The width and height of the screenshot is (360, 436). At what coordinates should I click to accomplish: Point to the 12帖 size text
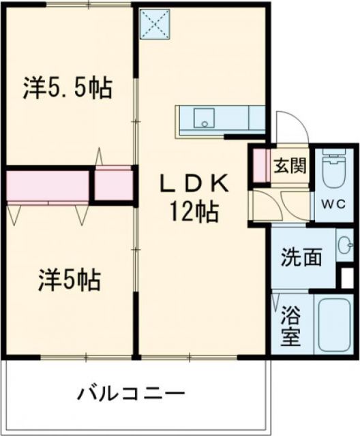[195, 213]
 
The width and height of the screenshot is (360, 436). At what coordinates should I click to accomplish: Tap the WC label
[333, 204]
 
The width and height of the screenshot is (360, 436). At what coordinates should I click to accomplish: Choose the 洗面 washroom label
[303, 257]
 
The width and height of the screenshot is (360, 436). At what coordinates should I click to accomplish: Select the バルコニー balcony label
[130, 394]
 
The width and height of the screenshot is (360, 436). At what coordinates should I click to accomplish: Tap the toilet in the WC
[333, 171]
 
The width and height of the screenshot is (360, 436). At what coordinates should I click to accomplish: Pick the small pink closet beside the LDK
[113, 183]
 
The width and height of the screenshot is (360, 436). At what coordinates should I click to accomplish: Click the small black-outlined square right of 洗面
[347, 277]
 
